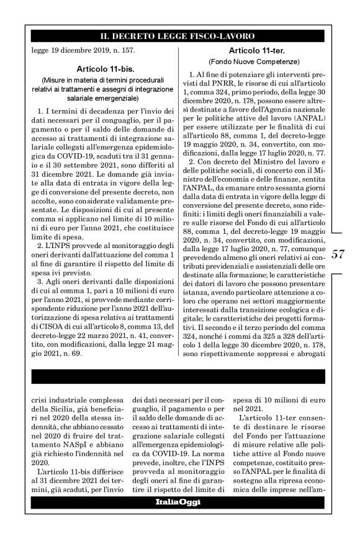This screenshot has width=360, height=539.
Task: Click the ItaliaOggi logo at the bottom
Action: tap(180, 501)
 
